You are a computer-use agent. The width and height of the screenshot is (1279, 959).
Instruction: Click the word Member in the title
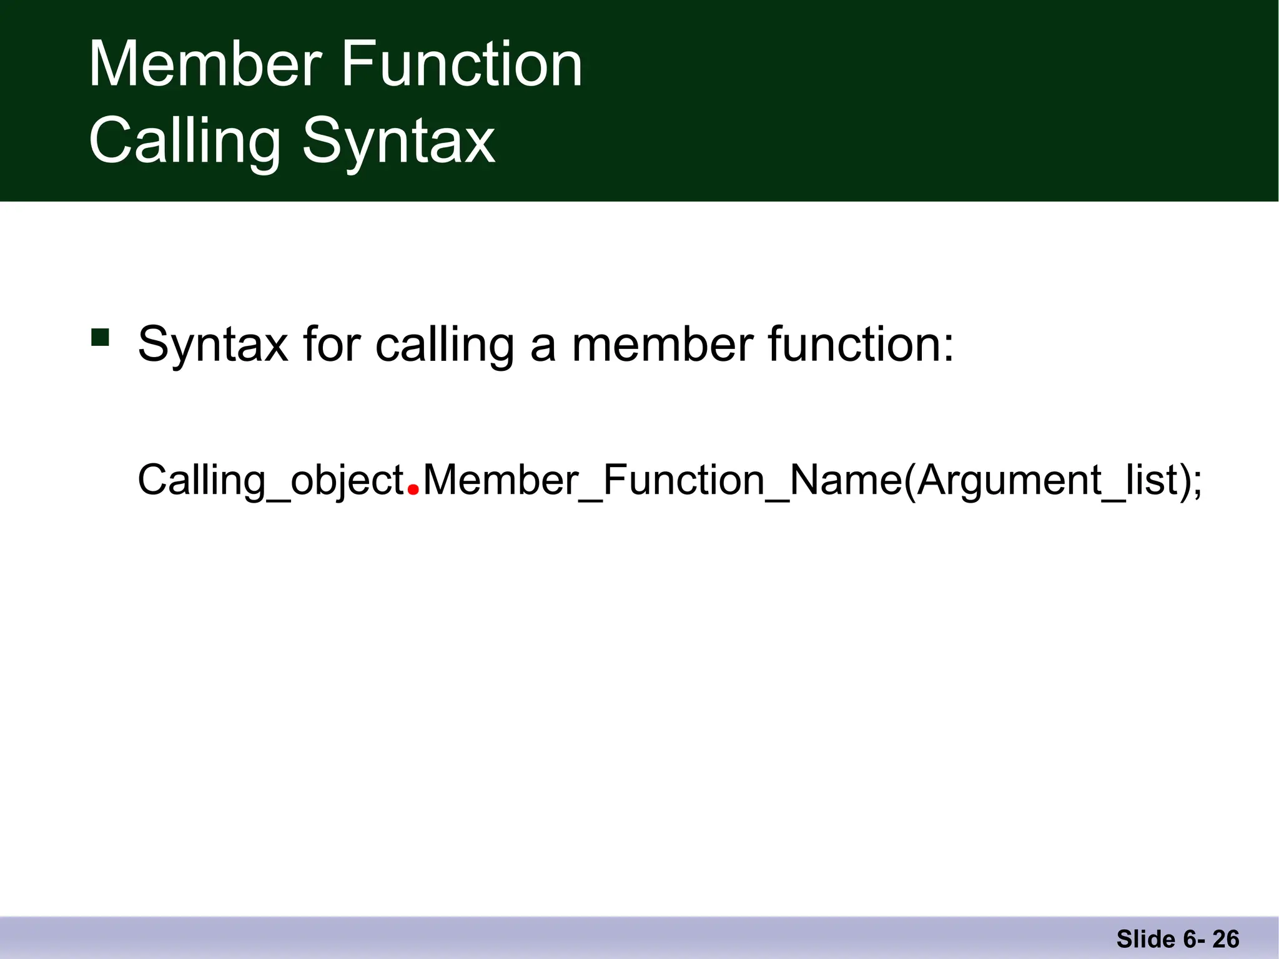coord(205,64)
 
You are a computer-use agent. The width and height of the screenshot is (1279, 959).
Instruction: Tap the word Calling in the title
coord(185,142)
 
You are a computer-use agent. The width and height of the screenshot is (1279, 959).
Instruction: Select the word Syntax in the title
coord(398,142)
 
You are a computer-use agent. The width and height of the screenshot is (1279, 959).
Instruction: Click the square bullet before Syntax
coord(100,337)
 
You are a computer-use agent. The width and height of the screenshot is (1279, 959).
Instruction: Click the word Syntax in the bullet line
coord(212,345)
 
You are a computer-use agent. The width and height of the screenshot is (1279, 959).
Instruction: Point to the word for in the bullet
coord(332,345)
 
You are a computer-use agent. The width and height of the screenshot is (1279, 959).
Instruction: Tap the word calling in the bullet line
coord(445,345)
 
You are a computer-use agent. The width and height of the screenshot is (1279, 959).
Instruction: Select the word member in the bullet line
coord(663,345)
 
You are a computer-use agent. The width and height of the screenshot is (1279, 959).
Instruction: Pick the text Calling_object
coord(270,481)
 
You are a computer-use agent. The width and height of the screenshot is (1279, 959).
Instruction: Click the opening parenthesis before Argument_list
coord(909,481)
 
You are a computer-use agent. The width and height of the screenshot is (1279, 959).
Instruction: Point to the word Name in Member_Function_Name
coord(846,481)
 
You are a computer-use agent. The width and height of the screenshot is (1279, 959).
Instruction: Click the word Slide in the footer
coord(1146,939)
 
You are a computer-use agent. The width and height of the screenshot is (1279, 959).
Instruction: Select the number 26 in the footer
coord(1226,939)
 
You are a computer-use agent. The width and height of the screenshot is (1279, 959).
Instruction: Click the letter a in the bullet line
coord(543,347)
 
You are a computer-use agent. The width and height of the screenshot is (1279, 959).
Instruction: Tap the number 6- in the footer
coord(1194,939)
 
